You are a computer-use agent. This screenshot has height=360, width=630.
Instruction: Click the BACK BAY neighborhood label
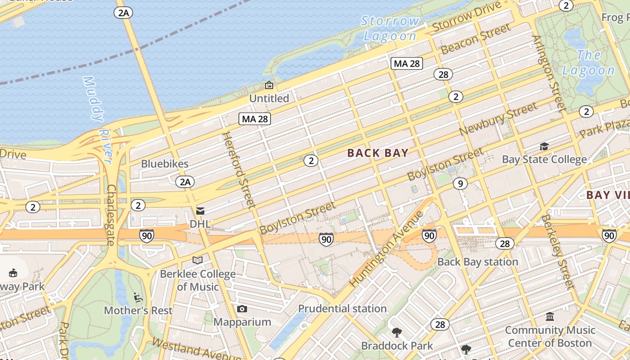click(x=378, y=153)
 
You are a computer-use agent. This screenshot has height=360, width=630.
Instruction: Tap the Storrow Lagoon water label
click(x=390, y=28)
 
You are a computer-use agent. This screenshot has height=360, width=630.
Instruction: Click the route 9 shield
click(x=459, y=183)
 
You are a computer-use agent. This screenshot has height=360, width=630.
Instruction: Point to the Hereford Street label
click(x=238, y=170)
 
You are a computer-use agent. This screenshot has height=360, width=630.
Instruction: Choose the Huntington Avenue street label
click(x=387, y=249)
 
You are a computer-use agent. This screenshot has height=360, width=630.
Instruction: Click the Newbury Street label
click(x=498, y=118)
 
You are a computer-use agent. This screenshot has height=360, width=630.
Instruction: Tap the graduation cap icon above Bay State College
click(x=544, y=147)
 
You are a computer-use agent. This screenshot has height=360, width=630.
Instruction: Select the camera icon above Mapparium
click(x=242, y=309)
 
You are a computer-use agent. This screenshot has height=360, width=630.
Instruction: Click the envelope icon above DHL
click(x=200, y=211)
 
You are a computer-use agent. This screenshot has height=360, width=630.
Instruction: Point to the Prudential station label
click(x=342, y=309)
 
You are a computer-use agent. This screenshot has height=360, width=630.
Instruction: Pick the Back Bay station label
click(x=477, y=262)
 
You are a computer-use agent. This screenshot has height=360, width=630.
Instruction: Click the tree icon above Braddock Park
click(x=396, y=333)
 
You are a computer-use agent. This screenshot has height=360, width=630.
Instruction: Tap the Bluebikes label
click(x=165, y=164)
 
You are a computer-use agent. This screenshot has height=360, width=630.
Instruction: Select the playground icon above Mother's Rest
click(x=138, y=297)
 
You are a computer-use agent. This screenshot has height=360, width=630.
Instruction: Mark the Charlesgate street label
click(x=111, y=215)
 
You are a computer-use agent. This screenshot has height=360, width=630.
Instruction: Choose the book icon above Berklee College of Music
click(x=198, y=260)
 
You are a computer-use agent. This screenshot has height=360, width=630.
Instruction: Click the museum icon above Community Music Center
click(x=550, y=317)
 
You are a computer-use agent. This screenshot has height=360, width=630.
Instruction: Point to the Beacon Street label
click(x=476, y=39)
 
